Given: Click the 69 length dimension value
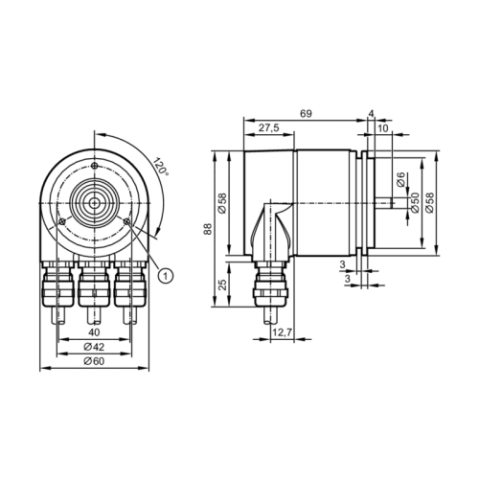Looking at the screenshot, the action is click(x=306, y=114).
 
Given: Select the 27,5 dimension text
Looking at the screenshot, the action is click(x=268, y=127).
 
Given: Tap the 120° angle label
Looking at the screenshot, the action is click(x=161, y=166).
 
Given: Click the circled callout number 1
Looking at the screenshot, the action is click(x=166, y=275).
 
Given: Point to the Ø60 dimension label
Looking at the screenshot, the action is click(x=94, y=361).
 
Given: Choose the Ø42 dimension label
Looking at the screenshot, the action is click(x=94, y=347).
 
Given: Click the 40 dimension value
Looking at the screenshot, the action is click(x=94, y=332).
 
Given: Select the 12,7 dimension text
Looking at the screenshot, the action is click(x=282, y=332).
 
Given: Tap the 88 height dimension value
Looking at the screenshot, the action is click(x=208, y=229).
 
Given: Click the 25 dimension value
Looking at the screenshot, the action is click(x=223, y=285).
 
